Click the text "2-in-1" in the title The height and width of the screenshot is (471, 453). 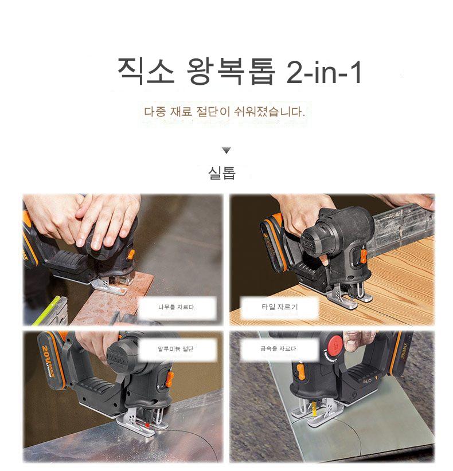(x=324, y=72)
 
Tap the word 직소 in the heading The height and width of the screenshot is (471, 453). (x=146, y=71)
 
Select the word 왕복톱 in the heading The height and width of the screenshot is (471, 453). (x=231, y=71)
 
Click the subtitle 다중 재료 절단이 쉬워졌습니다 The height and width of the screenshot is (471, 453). (x=225, y=112)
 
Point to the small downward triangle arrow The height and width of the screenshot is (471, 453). (x=226, y=150)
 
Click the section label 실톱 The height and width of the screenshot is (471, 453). (x=222, y=173)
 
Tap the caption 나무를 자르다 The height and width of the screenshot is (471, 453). (x=176, y=307)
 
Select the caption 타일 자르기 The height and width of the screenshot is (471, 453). (x=280, y=307)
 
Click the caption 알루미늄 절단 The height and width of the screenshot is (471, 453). (x=175, y=349)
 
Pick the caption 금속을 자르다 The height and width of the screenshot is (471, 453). (x=278, y=349)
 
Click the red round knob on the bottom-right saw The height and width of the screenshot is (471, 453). (x=334, y=344)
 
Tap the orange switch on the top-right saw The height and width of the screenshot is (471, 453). (x=363, y=256)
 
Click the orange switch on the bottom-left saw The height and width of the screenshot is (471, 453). (x=170, y=379)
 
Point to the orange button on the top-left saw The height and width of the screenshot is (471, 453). (x=131, y=254)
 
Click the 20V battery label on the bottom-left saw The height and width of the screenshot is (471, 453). (x=48, y=362)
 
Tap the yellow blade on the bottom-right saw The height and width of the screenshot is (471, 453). (x=315, y=409)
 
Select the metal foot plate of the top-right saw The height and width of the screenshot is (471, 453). (x=349, y=297)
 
